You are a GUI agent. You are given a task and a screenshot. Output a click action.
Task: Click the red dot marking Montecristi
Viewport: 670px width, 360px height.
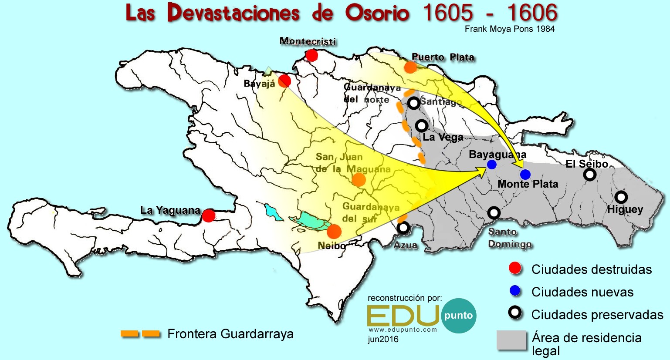[311, 55]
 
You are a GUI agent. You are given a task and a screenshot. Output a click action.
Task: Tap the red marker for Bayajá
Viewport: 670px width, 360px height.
[284, 81]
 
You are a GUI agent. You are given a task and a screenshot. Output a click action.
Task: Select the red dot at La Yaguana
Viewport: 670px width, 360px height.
[209, 215]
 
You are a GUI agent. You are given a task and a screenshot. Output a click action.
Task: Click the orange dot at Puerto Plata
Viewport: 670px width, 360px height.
[410, 67]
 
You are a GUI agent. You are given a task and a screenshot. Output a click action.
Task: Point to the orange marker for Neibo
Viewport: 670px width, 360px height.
[334, 231]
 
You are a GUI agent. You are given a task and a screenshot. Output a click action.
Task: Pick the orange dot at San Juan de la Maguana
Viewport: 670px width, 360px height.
[359, 179]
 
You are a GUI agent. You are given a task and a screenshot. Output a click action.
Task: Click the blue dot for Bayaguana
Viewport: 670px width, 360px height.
[492, 165]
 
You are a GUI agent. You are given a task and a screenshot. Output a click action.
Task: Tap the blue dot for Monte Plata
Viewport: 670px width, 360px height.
[525, 175]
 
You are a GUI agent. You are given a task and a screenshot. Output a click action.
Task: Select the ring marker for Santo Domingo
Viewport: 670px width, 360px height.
[494, 213]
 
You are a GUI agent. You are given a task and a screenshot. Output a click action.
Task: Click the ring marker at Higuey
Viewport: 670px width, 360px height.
[621, 197]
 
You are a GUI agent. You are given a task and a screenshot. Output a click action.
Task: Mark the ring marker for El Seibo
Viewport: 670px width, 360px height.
[589, 175]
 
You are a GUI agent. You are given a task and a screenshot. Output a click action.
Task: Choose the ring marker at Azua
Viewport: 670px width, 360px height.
[403, 227]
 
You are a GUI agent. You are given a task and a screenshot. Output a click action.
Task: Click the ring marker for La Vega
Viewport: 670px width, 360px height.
[421, 126]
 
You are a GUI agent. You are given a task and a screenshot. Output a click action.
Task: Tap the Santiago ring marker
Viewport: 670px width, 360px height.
[413, 103]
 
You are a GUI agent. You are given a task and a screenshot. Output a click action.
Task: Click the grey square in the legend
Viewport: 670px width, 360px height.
[511, 340]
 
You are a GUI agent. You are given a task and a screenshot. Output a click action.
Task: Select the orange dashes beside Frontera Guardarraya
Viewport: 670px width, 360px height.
[140, 334]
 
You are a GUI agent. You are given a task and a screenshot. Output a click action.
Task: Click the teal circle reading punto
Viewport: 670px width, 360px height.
[458, 316]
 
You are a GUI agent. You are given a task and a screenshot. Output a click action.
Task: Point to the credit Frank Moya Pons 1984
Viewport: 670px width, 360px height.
[510, 29]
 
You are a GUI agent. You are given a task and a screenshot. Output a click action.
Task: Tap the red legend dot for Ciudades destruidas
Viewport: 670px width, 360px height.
[515, 269]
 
